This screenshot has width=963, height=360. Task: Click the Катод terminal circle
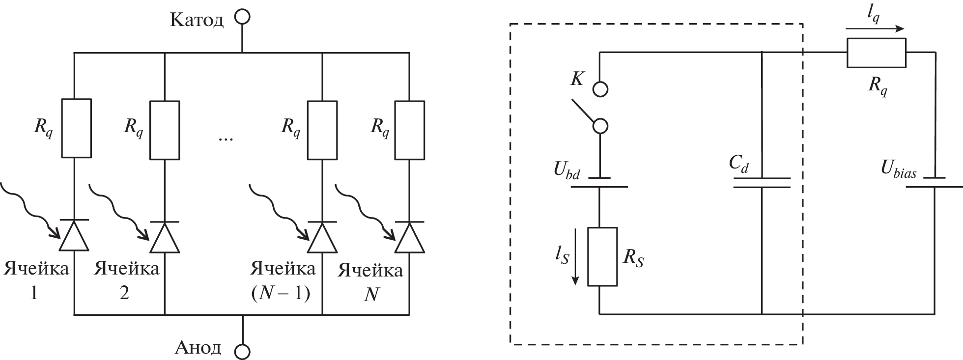pos(242,17)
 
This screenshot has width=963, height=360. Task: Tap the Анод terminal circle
pos(242,351)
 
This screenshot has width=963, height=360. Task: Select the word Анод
pos(198,348)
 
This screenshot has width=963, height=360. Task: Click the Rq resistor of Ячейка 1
pos(76,128)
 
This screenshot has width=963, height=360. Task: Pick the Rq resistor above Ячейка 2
pos(164,130)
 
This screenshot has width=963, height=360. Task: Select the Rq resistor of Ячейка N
pos(410,130)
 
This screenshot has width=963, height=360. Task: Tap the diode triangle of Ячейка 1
pos(74,237)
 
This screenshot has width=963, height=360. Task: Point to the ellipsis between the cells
pos(226,138)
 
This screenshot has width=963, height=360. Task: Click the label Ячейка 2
pos(127,280)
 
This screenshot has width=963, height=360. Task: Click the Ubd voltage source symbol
pos(599,182)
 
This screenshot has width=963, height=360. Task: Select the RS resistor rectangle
pos(602,256)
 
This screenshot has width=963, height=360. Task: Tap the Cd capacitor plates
pos(762,183)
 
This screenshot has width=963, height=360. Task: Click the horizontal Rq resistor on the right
pos(876,53)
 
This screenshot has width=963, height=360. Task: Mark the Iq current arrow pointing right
pos(875,28)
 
